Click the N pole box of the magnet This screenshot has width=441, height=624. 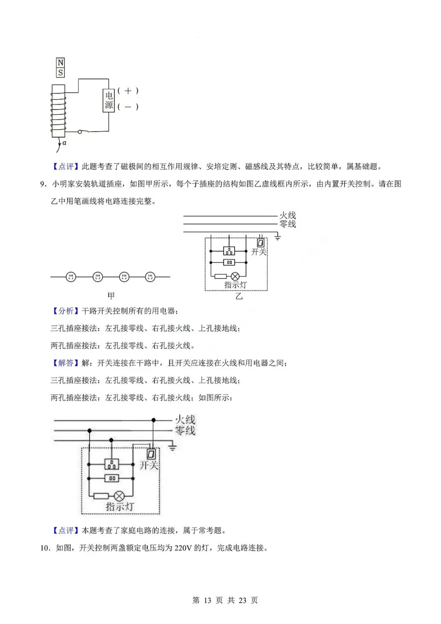(60, 63)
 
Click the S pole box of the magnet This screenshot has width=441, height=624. (60, 73)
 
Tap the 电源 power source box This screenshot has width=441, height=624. (109, 100)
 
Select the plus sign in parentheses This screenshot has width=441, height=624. (128, 91)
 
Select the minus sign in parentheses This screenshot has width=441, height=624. (128, 107)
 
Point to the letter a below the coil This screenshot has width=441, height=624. (65, 143)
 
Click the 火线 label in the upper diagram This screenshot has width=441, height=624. (287, 215)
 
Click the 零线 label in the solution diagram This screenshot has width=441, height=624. (185, 430)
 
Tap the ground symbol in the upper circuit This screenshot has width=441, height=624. (278, 236)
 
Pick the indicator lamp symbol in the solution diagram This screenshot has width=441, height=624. (119, 496)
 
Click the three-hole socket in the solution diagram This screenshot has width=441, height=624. (111, 464)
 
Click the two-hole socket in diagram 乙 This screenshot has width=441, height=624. (229, 263)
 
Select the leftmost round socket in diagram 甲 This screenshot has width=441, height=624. (71, 277)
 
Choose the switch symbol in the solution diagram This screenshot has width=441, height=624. (151, 454)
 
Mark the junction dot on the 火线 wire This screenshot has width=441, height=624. (154, 420)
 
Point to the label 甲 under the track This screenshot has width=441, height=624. (111, 296)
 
